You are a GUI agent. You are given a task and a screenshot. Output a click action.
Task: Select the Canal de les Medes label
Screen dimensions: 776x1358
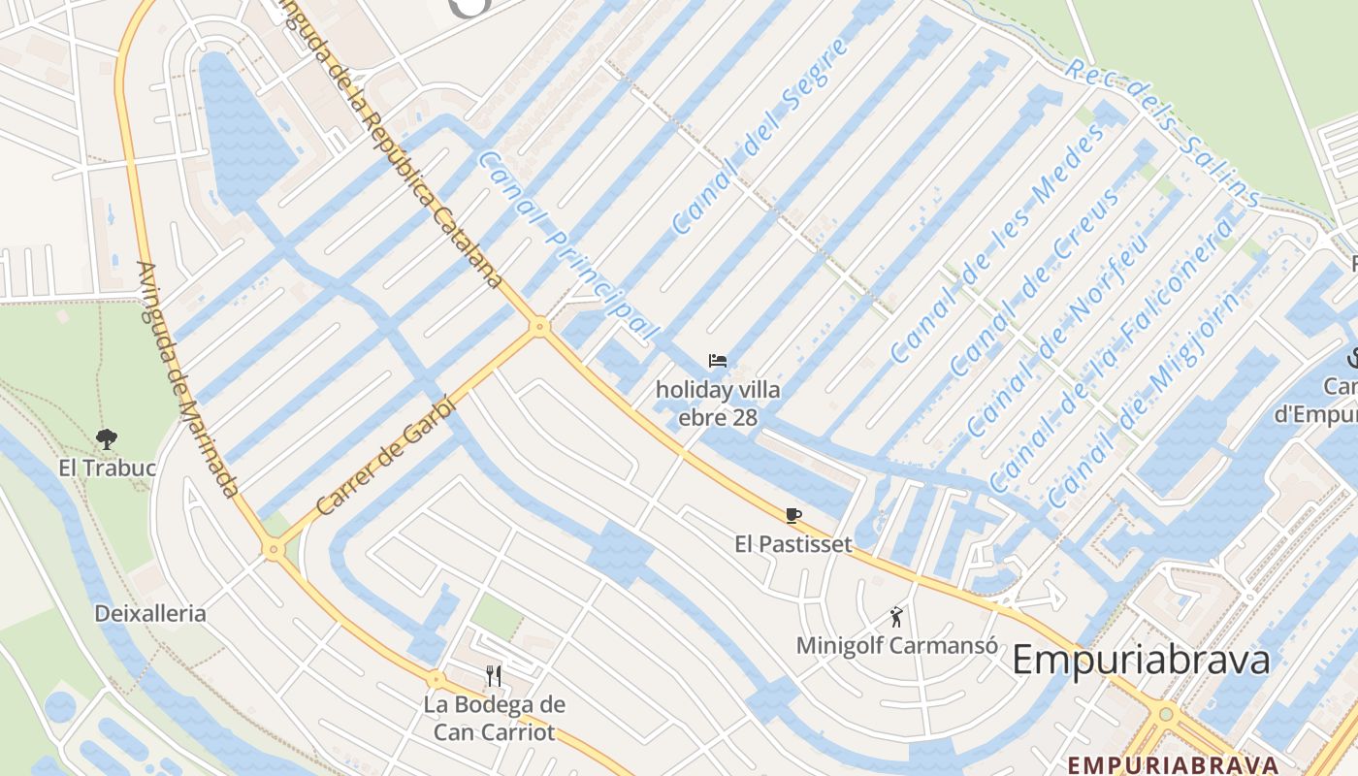coord(998,243)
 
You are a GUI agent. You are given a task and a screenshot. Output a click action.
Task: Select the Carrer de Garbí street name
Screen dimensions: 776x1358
coord(385,455)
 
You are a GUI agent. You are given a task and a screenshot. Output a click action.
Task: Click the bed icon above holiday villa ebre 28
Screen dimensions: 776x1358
coord(718,361)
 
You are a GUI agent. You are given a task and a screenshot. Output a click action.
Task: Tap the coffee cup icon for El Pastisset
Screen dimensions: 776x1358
coord(793,515)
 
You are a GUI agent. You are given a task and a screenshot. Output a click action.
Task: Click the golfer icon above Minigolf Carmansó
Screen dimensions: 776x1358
coord(896,616)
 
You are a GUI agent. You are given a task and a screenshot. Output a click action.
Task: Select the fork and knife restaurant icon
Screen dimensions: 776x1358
coord(494,675)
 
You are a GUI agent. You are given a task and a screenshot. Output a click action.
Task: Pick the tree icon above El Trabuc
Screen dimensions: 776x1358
coord(106,439)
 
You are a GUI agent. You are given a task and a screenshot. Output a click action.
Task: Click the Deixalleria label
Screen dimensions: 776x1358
coord(150,613)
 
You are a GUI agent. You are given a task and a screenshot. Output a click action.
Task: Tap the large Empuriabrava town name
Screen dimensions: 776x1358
coord(1141,661)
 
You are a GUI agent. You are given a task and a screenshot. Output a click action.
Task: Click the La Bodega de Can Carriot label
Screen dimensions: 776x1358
coord(494,718)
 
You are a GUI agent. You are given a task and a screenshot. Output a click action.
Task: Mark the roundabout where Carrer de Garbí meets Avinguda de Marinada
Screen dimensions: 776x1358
coord(274,550)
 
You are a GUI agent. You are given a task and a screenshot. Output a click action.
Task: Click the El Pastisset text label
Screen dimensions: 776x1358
coord(793,544)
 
